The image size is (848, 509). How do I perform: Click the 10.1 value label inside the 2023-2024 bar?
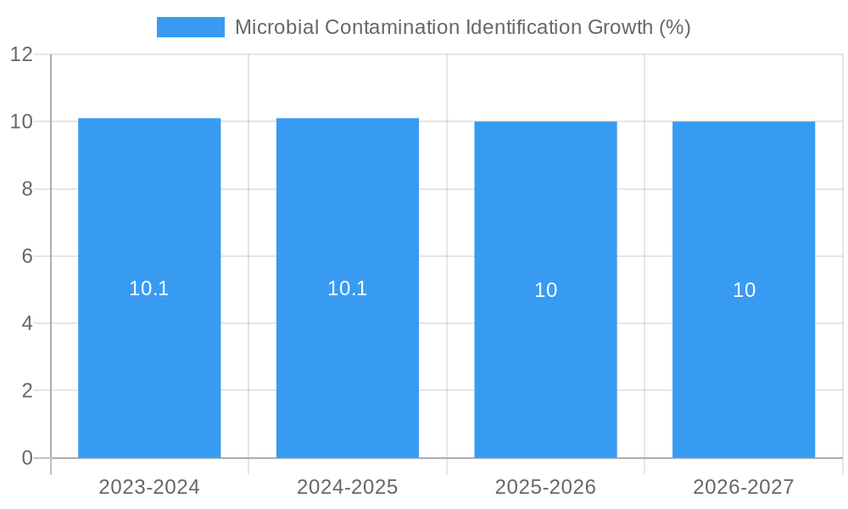click(x=149, y=288)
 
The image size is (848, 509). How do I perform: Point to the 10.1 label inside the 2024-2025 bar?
click(x=348, y=288)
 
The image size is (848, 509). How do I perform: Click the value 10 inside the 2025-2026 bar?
click(x=545, y=290)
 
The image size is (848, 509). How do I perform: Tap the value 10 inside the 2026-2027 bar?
click(x=744, y=290)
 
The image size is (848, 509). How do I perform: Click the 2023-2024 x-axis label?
click(x=149, y=487)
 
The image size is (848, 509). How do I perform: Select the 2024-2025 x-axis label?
click(x=348, y=487)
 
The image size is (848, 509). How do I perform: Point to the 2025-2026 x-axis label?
click(x=545, y=487)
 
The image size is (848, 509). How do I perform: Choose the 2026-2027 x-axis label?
click(x=744, y=487)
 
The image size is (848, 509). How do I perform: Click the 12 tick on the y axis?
click(x=21, y=55)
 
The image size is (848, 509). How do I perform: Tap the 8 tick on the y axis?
click(x=27, y=189)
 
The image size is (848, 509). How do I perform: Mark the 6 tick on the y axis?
click(x=27, y=256)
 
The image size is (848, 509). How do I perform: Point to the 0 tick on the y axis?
click(x=27, y=458)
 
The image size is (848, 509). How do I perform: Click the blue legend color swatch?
click(x=191, y=27)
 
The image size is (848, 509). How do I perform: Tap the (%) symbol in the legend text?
click(x=675, y=27)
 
